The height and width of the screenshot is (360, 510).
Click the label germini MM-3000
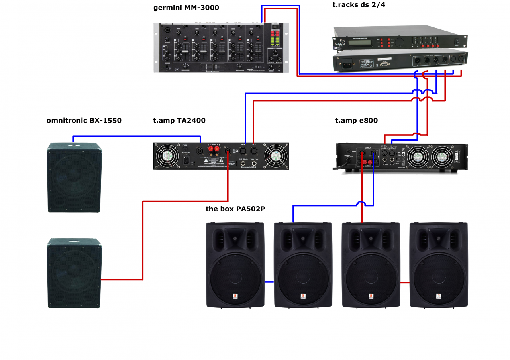tap(186, 8)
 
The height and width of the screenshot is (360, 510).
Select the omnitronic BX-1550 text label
tap(84, 120)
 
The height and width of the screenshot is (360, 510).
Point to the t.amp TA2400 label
tap(179, 120)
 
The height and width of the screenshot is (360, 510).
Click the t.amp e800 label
tap(356, 120)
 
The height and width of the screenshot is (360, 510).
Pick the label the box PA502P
tap(235, 209)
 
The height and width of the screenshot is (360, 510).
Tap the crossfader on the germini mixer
tap(212, 68)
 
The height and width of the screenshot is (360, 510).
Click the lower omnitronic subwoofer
tap(74, 273)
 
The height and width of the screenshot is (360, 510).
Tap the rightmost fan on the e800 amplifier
tap(441, 157)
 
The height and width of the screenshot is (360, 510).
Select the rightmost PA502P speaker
tap(438, 265)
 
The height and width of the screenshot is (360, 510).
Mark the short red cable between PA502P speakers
tap(405, 282)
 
